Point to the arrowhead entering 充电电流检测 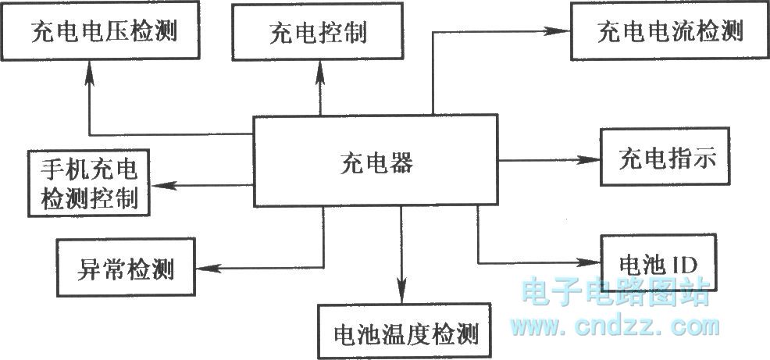(560, 31)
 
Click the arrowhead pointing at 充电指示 (590, 159)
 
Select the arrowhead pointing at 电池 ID (590, 262)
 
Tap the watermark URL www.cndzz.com (615, 326)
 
